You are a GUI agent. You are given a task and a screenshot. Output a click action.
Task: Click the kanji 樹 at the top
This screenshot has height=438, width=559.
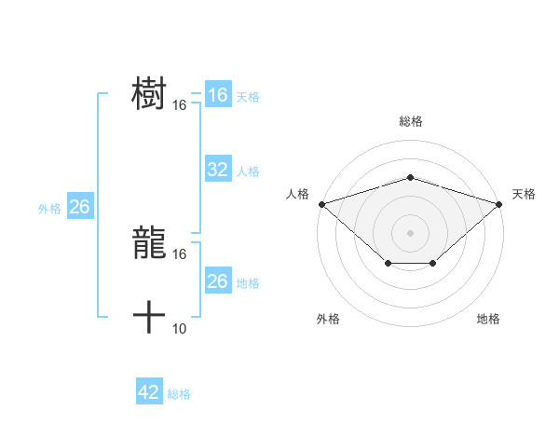(149, 94)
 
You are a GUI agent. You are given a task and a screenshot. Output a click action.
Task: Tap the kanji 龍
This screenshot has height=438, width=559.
(149, 243)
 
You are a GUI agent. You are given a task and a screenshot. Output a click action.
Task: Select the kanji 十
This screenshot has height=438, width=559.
(149, 318)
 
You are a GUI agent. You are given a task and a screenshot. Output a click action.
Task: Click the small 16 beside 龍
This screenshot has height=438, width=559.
(180, 253)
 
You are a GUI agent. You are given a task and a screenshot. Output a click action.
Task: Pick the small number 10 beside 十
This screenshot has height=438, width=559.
(180, 328)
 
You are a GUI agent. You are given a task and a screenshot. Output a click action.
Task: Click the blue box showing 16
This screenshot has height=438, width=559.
(218, 95)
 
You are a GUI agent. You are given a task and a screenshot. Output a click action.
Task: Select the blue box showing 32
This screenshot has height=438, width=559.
(218, 170)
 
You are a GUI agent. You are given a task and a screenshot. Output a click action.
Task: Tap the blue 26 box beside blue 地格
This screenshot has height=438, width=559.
(218, 281)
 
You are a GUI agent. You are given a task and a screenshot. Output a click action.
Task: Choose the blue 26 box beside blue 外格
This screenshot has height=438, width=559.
(80, 207)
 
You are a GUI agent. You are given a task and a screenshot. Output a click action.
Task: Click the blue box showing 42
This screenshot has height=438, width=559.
(149, 392)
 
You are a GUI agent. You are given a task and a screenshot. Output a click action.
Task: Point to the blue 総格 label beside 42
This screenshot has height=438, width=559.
(179, 394)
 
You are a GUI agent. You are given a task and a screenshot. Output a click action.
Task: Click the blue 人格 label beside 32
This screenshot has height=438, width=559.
(248, 171)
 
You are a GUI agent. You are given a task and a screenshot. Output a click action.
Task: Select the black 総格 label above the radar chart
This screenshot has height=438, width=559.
(411, 121)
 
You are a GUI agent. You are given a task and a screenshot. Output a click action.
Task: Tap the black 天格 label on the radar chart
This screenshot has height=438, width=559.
(524, 194)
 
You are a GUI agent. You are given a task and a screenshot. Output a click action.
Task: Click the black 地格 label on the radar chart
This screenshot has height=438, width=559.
(488, 319)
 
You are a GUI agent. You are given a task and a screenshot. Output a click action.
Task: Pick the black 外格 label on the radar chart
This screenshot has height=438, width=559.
(328, 319)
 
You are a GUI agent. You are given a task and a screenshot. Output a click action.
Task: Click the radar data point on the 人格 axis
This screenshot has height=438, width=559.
(321, 203)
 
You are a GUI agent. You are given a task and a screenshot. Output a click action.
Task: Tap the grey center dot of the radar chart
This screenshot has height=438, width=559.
(411, 232)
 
